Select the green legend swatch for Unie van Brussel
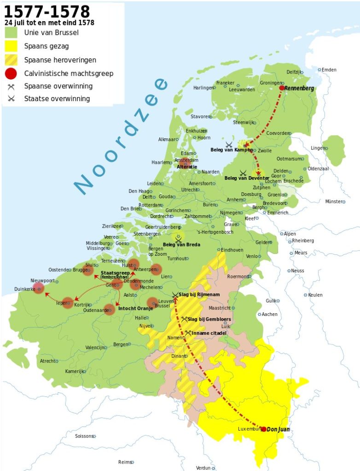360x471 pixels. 11,33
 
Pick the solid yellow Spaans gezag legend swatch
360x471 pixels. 11,46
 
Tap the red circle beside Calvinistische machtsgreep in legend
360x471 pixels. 11,73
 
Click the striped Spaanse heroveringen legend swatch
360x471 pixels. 11,60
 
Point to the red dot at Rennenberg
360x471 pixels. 282,88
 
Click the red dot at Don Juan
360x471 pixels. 263,429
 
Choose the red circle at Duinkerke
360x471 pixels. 39,288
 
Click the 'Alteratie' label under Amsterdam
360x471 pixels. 187,167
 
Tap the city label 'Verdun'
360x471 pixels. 203,468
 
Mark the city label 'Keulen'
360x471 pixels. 315,295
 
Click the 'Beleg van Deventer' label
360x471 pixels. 247,178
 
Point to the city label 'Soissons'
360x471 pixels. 84,436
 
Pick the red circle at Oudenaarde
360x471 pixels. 109,310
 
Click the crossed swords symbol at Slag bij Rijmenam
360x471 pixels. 175,295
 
